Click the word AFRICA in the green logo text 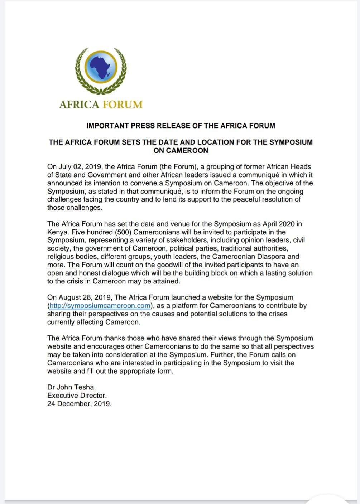(x=79, y=105)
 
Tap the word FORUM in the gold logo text (x=123, y=105)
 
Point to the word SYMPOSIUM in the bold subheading (x=291, y=142)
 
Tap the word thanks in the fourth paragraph (x=114, y=338)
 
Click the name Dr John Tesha (x=71, y=387)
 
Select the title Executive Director (x=77, y=396)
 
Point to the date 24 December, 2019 (x=79, y=404)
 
